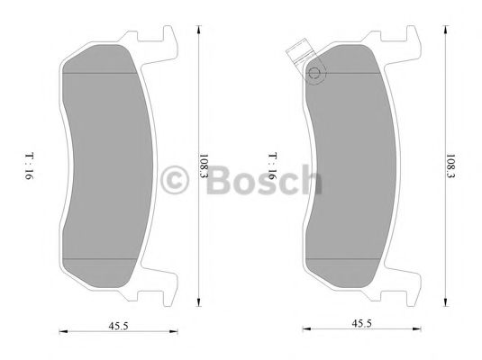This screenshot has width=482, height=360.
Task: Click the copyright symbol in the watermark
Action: click(x=171, y=181)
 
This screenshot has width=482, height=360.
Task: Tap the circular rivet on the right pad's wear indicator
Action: click(x=314, y=76)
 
